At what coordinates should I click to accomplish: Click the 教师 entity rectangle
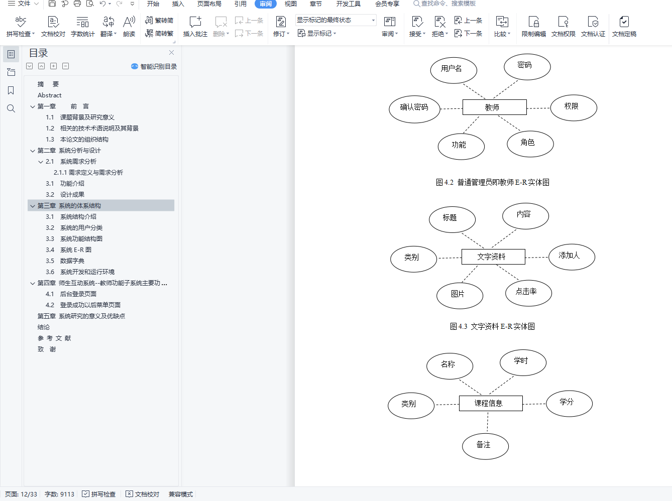tap(494, 107)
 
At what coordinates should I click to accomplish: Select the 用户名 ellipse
tap(454, 69)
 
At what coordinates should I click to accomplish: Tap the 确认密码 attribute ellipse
tap(415, 107)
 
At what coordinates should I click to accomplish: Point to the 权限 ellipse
tap(573, 107)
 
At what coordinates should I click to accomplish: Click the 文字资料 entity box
tap(493, 257)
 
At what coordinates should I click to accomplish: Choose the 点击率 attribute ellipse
tap(528, 292)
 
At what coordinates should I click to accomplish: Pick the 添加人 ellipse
tap(571, 256)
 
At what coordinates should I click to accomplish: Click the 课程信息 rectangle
tap(490, 403)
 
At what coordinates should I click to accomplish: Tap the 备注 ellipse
tap(485, 445)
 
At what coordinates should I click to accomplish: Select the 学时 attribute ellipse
tap(522, 361)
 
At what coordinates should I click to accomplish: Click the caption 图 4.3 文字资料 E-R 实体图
tap(492, 327)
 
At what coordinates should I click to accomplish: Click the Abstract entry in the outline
tap(50, 95)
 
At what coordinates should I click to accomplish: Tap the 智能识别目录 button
tap(154, 67)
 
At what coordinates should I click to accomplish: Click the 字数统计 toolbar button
tap(83, 27)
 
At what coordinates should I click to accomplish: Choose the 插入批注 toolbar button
tap(195, 27)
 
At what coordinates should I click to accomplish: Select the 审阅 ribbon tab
tap(266, 4)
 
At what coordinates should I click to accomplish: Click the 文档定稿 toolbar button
tap(624, 27)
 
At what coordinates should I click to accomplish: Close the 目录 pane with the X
tap(171, 53)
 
